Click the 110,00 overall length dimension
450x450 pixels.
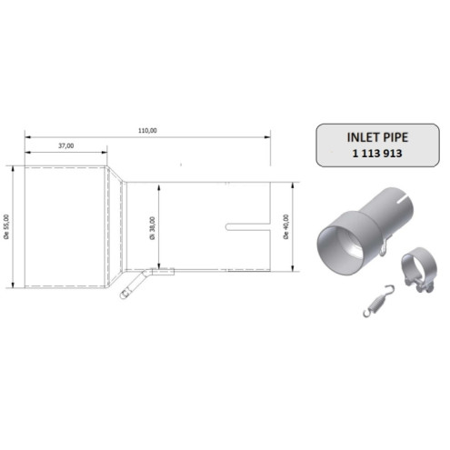click(147, 130)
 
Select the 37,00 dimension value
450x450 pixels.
click(65, 145)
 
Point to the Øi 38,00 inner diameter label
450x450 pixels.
click(153, 226)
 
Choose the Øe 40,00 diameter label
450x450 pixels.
click(286, 226)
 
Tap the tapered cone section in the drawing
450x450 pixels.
click(115, 224)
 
